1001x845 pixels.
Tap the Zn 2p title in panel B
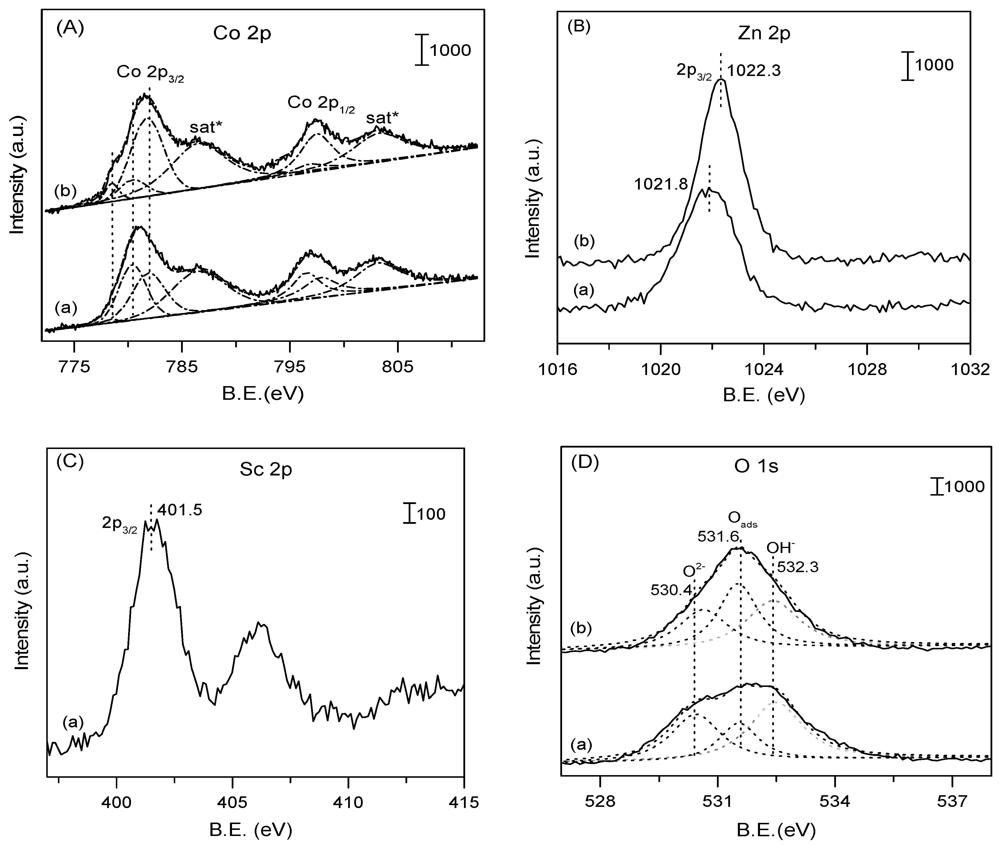(x=763, y=34)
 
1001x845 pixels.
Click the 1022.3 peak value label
(x=754, y=71)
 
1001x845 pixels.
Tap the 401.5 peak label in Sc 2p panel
(x=180, y=510)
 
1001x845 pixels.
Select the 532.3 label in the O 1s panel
(x=798, y=567)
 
